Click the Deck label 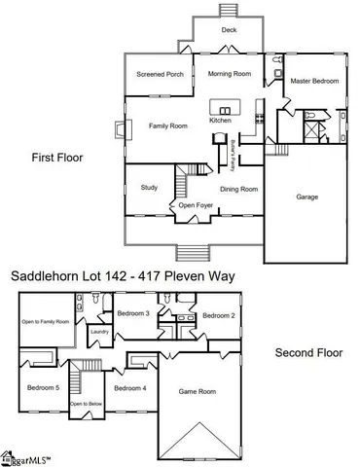(229, 30)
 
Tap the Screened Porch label (161, 74)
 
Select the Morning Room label (230, 74)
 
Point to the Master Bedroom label (316, 81)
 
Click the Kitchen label (221, 120)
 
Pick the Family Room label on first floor (167, 126)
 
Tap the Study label (149, 187)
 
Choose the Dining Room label (238, 189)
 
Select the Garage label (307, 197)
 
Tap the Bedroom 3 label (133, 313)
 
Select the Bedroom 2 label (218, 316)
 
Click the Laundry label (99, 333)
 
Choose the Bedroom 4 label (129, 388)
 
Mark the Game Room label (196, 391)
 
